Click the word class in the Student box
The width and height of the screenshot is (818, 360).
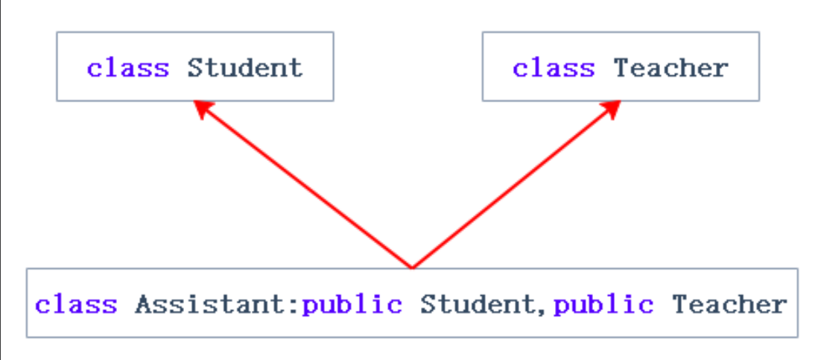(127, 68)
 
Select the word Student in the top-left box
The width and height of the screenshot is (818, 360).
(245, 68)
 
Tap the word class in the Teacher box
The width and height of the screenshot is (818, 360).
(554, 68)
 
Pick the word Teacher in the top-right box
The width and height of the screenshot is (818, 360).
(670, 68)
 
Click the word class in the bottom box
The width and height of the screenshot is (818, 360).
(76, 304)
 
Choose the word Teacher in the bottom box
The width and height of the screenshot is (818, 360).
(729, 304)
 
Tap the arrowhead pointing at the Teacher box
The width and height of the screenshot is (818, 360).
(613, 108)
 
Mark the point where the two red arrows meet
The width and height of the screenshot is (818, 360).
(411, 267)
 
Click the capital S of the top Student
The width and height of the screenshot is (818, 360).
(195, 68)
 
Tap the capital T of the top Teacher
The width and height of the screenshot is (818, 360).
(621, 68)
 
